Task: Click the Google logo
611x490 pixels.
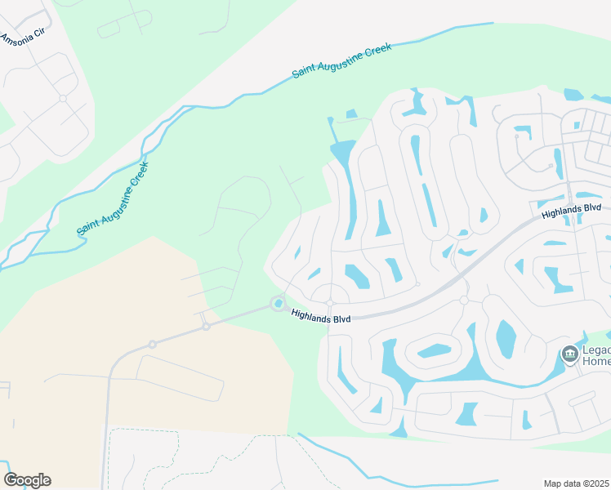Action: (27, 479)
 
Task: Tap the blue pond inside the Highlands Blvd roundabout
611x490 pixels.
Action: (279, 305)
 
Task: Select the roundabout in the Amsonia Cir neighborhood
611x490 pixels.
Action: (63, 98)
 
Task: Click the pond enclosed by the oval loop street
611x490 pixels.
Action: (434, 351)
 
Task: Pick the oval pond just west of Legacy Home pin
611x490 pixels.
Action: (506, 336)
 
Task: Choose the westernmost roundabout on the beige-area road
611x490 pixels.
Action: (152, 345)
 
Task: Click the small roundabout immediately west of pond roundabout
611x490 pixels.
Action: (206, 326)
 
